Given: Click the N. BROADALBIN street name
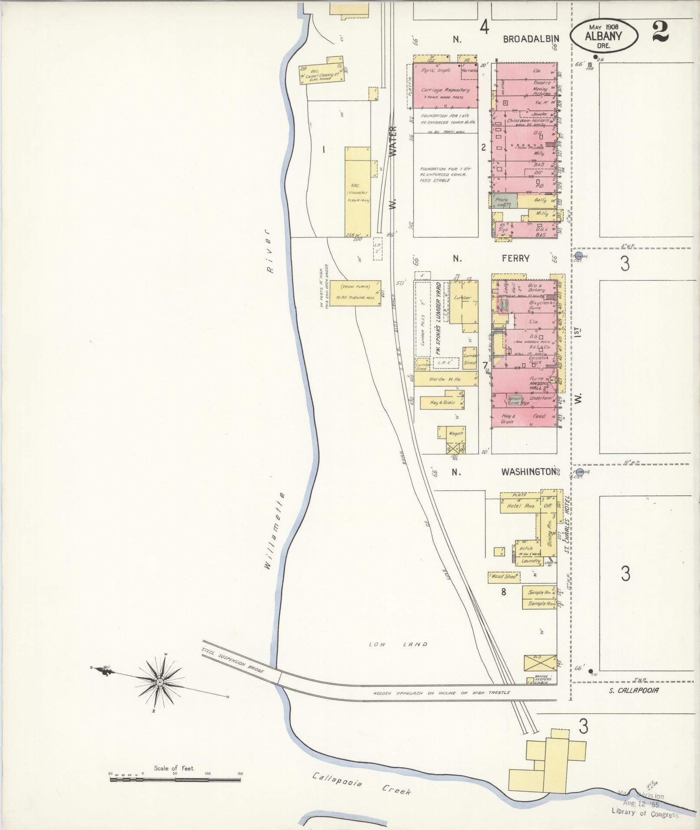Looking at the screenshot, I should [506, 39].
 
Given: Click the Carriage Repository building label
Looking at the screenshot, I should [445, 90].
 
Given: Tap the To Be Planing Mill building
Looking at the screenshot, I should [355, 293].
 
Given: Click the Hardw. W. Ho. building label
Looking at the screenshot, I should [445, 379].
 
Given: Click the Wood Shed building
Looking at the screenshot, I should [504, 577].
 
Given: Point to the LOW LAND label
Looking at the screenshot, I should [398, 644].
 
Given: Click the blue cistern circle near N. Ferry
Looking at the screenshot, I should [578, 256].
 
